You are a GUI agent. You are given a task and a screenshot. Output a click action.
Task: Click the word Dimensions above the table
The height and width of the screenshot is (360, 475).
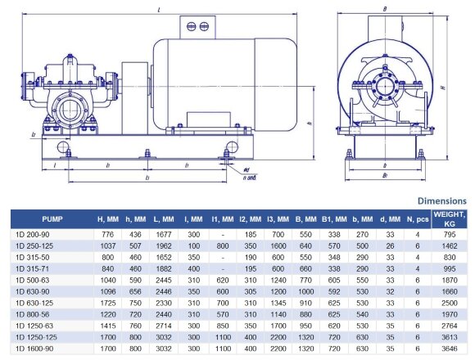(442, 200)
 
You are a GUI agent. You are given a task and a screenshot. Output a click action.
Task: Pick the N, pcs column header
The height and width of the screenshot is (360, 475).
(417, 218)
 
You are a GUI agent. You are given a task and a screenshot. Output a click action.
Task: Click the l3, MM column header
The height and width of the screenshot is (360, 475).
(278, 218)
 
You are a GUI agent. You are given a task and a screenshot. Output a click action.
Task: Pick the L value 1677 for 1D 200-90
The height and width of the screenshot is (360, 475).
(165, 234)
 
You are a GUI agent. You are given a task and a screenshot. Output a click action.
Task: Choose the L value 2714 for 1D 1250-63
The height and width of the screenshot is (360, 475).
(165, 325)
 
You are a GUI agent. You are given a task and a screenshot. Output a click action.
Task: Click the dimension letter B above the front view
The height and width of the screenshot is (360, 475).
(385, 10)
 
